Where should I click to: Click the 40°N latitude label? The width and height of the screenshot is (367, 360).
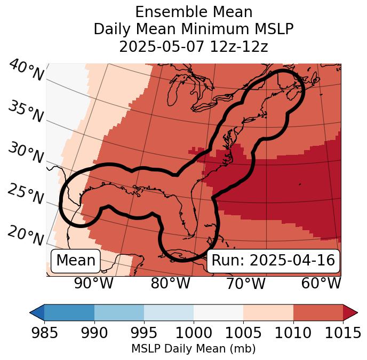[x=26, y=71]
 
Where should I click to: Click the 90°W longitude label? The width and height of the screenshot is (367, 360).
[x=94, y=284]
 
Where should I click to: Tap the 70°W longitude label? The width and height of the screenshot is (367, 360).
[x=245, y=284]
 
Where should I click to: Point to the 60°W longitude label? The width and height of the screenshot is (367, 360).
[x=321, y=284]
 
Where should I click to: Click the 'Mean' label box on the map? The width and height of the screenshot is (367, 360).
[x=76, y=261]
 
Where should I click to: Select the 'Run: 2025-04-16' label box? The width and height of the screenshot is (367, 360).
[x=273, y=261]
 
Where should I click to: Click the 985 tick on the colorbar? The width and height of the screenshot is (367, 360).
[x=45, y=333]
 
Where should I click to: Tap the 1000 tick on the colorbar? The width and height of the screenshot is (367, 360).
[x=194, y=333]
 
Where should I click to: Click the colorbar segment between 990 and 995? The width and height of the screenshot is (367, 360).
[x=119, y=312]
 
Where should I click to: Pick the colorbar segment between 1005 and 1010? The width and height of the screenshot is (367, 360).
[x=268, y=312]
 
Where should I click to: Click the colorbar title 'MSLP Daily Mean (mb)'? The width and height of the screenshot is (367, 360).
[x=193, y=349]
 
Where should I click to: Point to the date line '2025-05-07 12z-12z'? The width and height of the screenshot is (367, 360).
[x=193, y=47]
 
